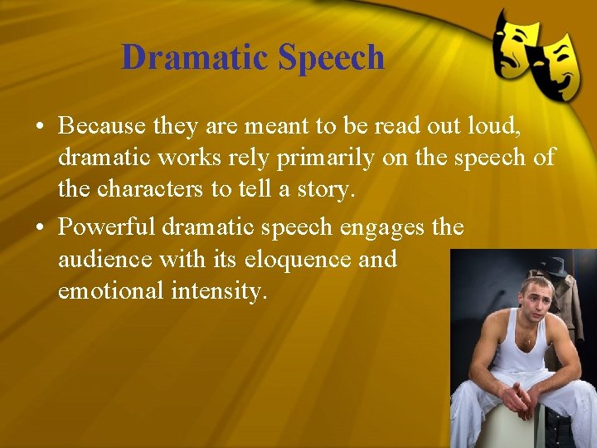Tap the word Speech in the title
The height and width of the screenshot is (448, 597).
(x=331, y=58)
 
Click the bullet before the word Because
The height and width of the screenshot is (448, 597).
(x=40, y=126)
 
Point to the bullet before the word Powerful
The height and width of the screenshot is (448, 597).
(x=40, y=227)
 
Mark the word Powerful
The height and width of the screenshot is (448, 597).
(x=107, y=226)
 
